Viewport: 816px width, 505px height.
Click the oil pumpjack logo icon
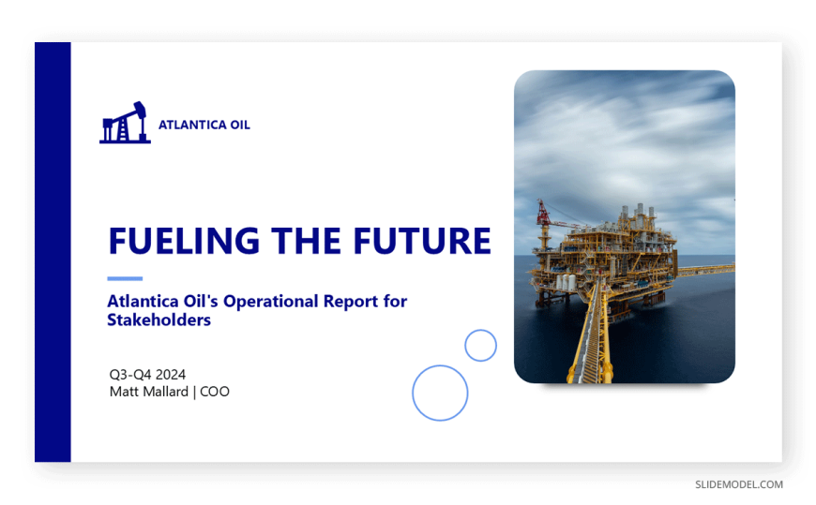(125, 123)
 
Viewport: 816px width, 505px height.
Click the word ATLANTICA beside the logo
(192, 126)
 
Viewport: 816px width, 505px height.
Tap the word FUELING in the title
(184, 241)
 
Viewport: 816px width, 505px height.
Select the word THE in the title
(306, 241)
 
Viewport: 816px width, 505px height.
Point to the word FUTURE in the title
(422, 241)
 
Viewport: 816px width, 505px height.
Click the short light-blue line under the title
(125, 279)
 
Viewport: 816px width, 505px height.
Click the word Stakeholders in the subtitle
(159, 319)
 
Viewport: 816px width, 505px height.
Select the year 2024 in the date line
(170, 375)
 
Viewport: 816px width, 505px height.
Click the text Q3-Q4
(130, 375)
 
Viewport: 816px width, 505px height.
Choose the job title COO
(215, 392)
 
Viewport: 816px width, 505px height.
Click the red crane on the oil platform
(544, 215)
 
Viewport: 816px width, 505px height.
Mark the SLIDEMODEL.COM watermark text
(739, 484)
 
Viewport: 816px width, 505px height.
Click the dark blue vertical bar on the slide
(53, 252)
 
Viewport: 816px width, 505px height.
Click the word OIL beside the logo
(240, 126)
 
